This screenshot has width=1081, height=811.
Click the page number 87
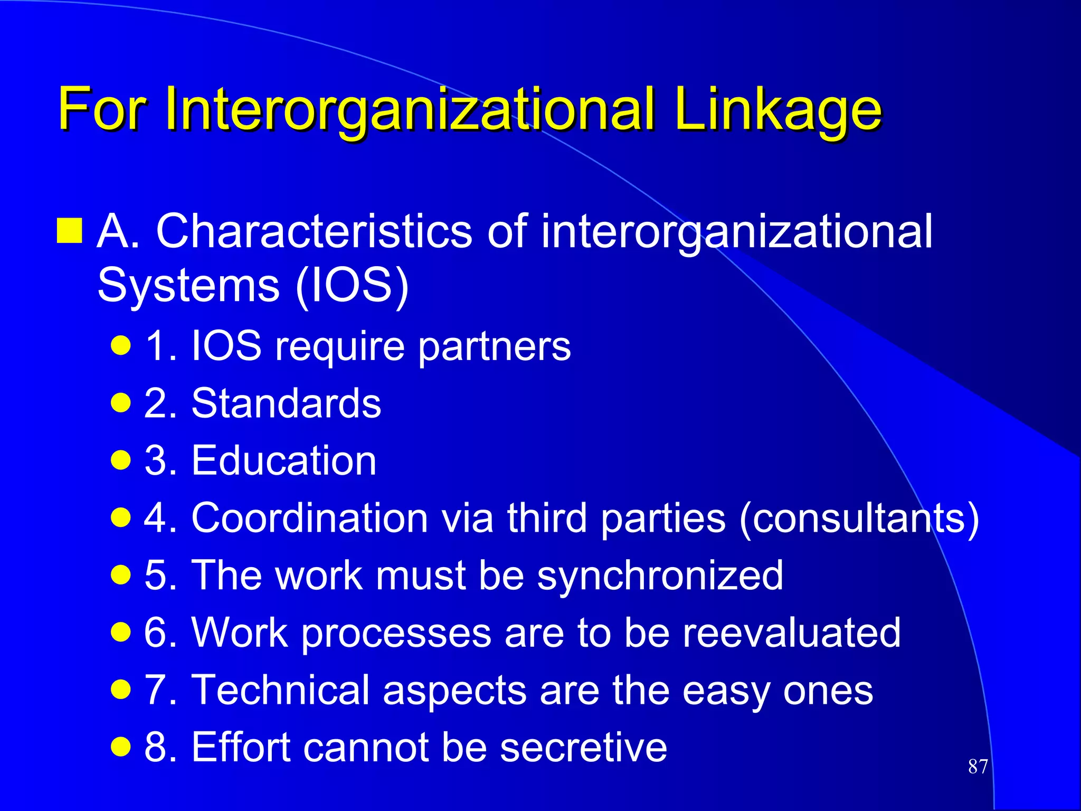(978, 766)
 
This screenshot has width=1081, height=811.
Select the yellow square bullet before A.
(70, 231)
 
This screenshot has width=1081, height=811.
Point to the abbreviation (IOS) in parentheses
(352, 286)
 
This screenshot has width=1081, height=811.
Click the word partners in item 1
(494, 347)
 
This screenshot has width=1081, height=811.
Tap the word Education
(283, 460)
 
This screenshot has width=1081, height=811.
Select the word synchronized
(660, 575)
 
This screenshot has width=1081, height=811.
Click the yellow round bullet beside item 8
(121, 747)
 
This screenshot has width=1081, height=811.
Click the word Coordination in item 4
(309, 518)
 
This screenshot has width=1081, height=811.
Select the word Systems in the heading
(188, 286)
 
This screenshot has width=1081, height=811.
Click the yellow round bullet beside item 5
(121, 576)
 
